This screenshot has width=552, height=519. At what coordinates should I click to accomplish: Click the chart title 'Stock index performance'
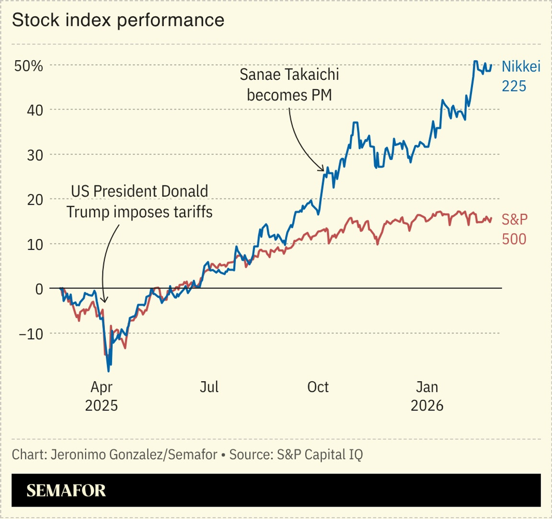coord(118,20)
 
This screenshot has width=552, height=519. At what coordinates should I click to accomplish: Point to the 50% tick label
coord(29,66)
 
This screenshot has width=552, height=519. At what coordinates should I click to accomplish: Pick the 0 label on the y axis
coord(38,289)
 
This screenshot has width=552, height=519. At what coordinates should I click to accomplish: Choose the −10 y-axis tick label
coord(31,333)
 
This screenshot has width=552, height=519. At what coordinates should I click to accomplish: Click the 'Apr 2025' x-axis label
coord(101,396)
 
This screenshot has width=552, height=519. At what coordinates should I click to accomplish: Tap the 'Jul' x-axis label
coord(209,386)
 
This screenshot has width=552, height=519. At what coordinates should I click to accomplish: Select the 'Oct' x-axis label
coord(318,386)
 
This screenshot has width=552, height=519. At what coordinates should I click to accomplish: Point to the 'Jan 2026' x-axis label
coord(427,396)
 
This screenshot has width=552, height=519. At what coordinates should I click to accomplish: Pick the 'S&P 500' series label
coord(515,229)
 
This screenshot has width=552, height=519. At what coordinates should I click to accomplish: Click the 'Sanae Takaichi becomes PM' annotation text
coord(289,85)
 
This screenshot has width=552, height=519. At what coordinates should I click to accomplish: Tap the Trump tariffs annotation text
coord(139,201)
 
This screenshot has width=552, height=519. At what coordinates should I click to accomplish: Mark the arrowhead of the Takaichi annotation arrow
coord(323,170)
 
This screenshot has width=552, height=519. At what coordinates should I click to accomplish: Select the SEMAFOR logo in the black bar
coord(66,491)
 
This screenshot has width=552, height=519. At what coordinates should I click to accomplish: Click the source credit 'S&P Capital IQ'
coord(319,454)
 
